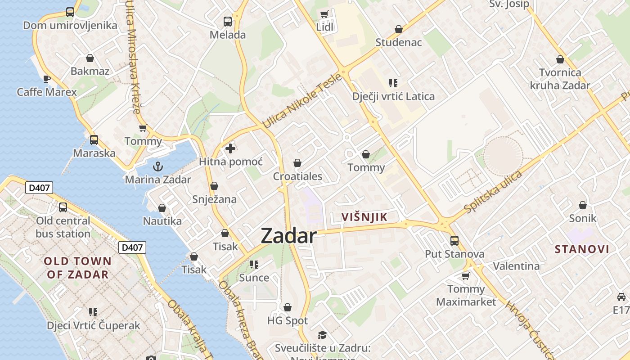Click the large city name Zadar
point(288,236)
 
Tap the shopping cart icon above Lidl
point(324,14)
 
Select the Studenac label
point(399,42)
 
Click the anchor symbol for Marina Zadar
point(157,167)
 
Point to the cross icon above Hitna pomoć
point(230,148)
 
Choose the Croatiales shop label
point(297,176)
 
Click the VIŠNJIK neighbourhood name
point(364,217)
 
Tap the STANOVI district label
point(582,249)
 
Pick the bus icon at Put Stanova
point(454,241)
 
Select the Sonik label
point(582,218)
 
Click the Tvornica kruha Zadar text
point(560,79)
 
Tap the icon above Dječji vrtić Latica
point(393,83)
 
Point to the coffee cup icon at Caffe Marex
point(47,79)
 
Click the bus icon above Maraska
point(94,140)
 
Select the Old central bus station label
point(63,227)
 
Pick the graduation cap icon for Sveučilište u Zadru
point(322,335)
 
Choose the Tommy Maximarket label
point(466,295)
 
